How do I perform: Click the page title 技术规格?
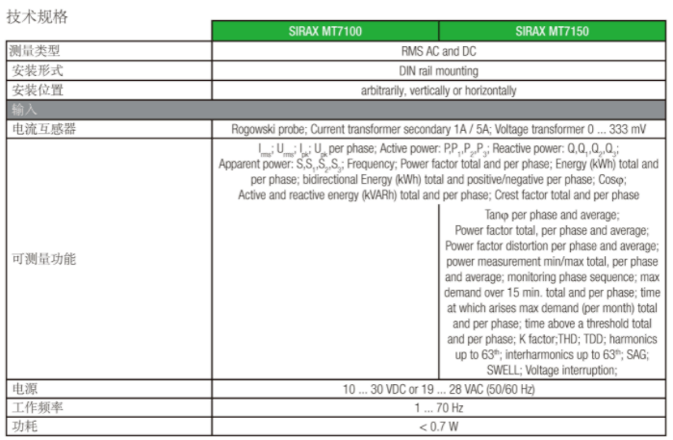click(x=38, y=17)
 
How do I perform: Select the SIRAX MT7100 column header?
click(x=325, y=31)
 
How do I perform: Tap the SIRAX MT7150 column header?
click(x=552, y=31)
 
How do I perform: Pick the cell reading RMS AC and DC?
click(x=438, y=51)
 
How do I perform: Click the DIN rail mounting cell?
click(x=438, y=70)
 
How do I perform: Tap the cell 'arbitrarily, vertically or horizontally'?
click(x=438, y=91)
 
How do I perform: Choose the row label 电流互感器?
click(x=43, y=129)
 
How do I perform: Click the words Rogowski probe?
click(x=266, y=129)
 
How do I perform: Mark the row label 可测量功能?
click(x=43, y=260)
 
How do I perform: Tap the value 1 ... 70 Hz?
click(x=438, y=407)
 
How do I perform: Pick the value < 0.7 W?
click(x=438, y=427)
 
